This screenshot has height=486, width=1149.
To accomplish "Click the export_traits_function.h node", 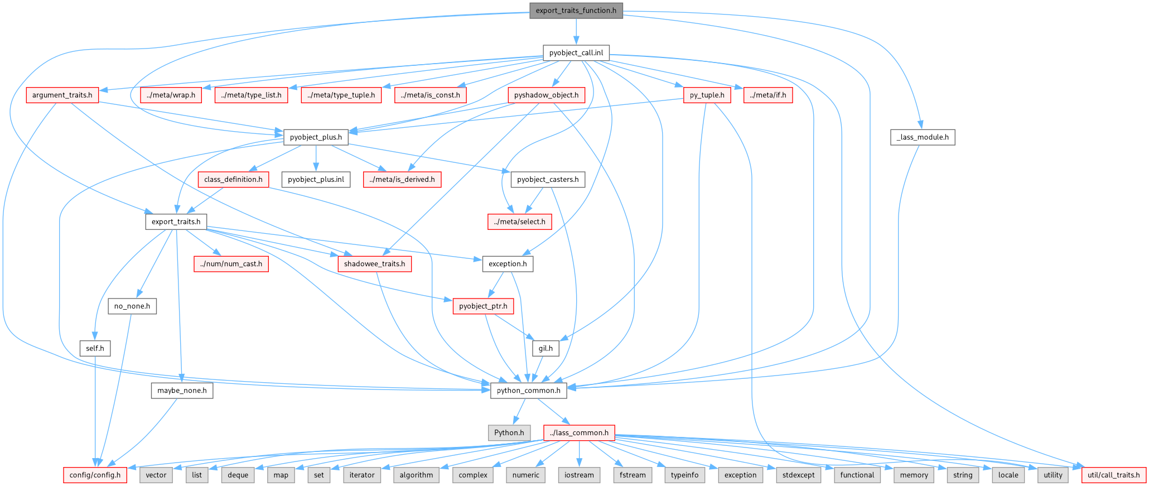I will [x=576, y=11].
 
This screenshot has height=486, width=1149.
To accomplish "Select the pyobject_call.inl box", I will [x=576, y=53].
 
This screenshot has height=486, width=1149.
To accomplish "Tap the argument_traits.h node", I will [x=62, y=95].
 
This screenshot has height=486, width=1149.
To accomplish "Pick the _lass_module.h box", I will [x=923, y=137].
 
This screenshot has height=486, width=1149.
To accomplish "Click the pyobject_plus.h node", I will [x=316, y=137].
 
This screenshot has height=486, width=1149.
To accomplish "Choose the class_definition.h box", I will [x=233, y=179].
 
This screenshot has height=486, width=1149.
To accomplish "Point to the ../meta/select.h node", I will [x=519, y=222].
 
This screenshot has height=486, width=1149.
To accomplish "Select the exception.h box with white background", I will [x=508, y=264].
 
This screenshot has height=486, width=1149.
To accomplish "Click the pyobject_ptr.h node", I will [x=483, y=306].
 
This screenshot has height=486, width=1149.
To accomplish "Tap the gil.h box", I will [x=545, y=348].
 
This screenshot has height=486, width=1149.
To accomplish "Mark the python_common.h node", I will [x=528, y=391].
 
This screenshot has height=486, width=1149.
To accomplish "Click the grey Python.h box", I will [x=509, y=432].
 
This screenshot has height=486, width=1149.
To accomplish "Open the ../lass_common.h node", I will [x=579, y=432].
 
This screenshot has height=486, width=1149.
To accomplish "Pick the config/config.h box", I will [x=95, y=475].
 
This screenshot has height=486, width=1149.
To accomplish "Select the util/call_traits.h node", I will [x=1114, y=475].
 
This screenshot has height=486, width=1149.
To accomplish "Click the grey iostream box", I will [x=579, y=475].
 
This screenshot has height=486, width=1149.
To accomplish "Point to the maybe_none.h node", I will [x=182, y=391].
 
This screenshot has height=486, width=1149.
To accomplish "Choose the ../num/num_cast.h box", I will [x=231, y=264].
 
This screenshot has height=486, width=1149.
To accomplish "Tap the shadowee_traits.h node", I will [x=374, y=264].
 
